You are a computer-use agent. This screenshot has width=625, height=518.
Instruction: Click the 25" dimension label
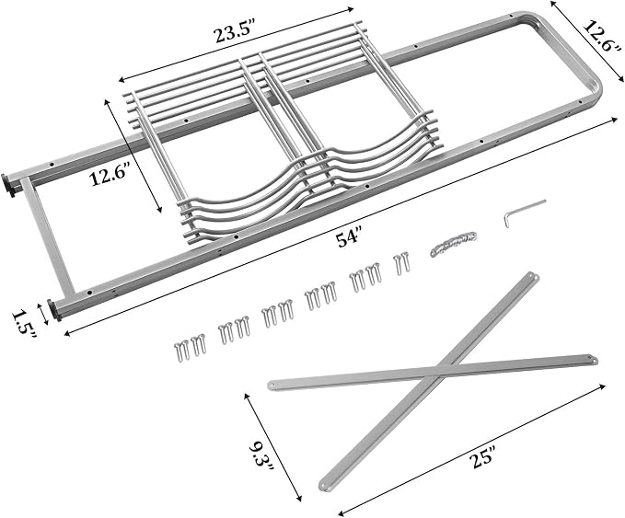click(x=482, y=458)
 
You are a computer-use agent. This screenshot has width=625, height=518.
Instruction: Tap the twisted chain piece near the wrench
click(x=453, y=243)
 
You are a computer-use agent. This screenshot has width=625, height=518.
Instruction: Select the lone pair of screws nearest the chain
click(x=401, y=262)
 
